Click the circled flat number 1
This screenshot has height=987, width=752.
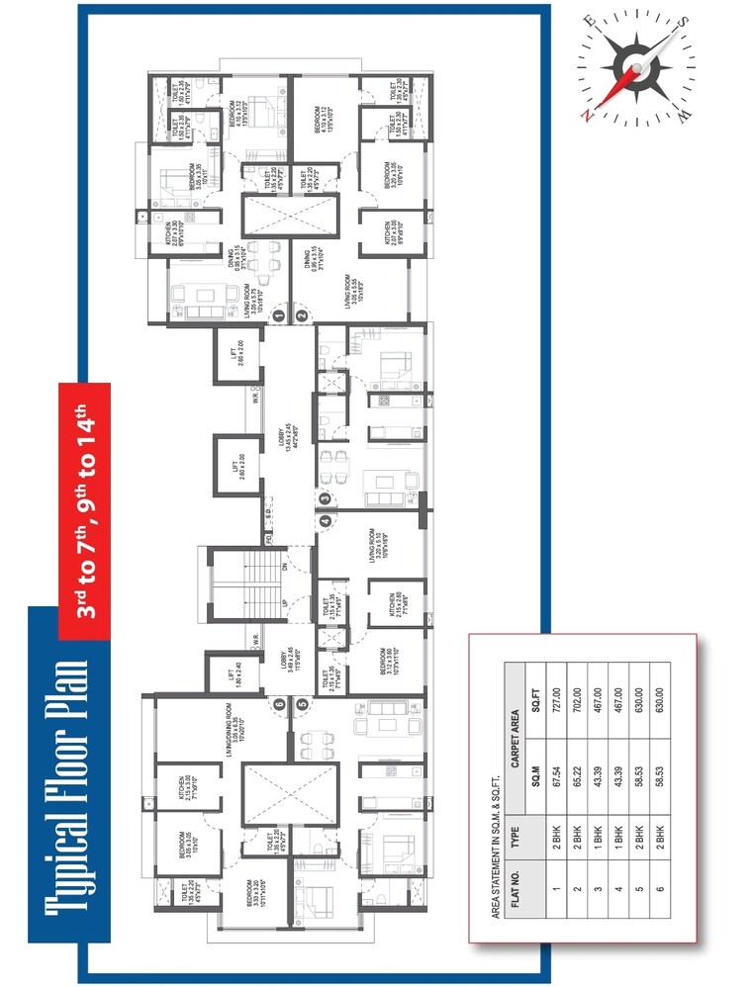coord(279,316)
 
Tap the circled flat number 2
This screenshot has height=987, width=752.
coord(302,316)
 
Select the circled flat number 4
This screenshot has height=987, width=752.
coord(325,521)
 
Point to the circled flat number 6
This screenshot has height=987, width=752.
coord(279,705)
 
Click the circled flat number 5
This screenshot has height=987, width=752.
coord(302,705)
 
